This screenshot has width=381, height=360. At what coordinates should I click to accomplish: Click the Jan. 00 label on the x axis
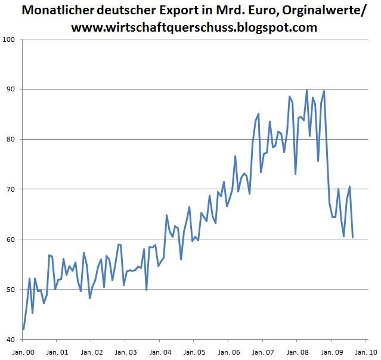(23, 352)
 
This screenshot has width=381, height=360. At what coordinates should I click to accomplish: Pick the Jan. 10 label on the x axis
(364, 352)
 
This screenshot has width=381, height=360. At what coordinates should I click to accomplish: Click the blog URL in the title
(190, 27)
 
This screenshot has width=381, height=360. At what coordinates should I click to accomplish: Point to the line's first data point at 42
(23, 329)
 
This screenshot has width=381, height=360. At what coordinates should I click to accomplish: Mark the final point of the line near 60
(353, 237)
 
